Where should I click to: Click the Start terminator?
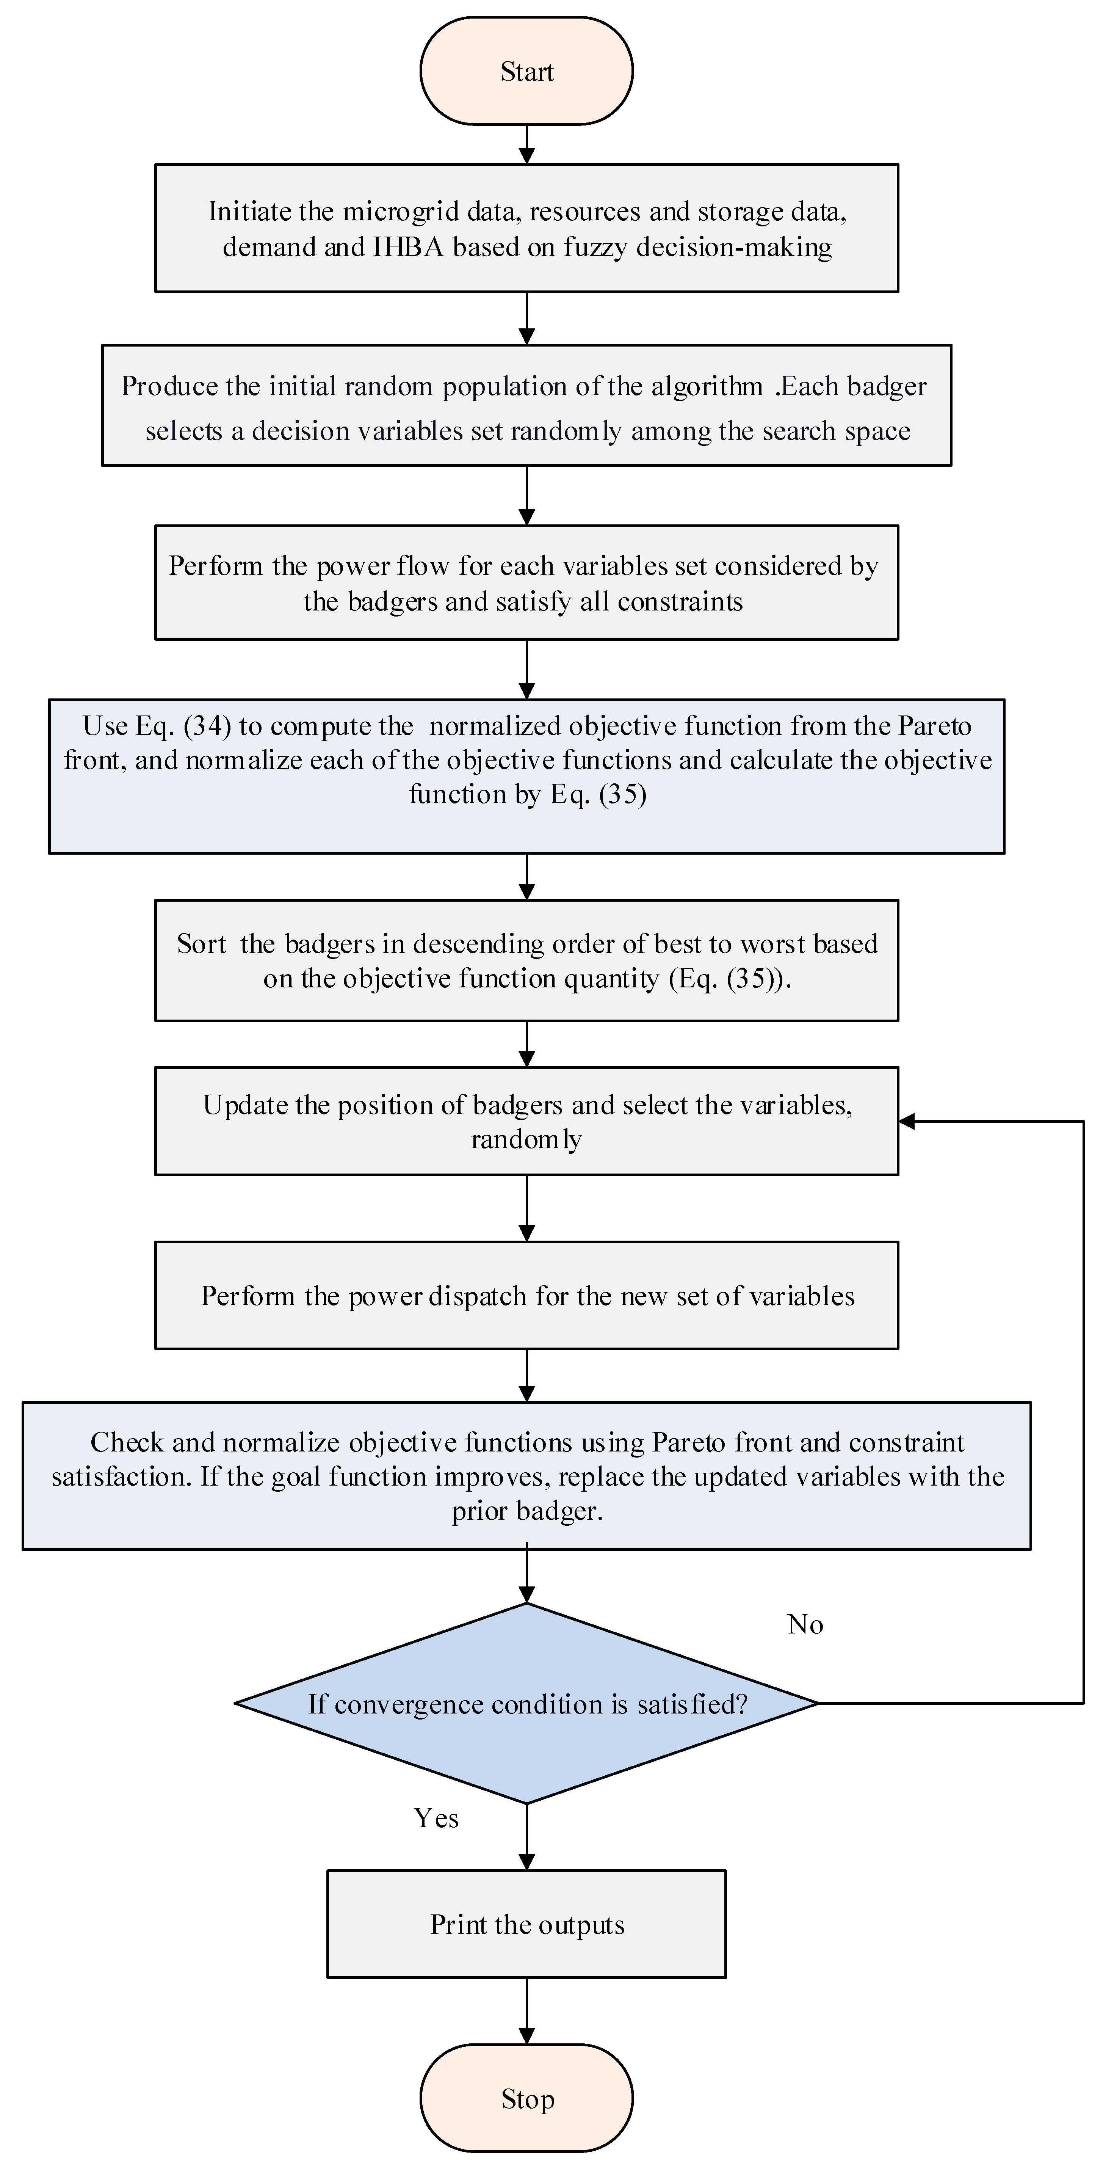(526, 72)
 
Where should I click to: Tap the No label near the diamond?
(805, 1624)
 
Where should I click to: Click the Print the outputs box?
(526, 1925)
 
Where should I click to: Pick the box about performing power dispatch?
(526, 1296)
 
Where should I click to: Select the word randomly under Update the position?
(526, 1140)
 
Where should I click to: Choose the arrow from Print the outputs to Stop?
(526, 2012)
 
